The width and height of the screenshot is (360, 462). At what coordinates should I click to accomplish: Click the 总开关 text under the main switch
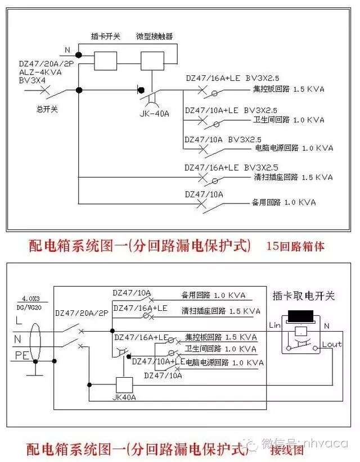coord(47,109)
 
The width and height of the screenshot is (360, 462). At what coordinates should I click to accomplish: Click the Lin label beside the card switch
coord(275,325)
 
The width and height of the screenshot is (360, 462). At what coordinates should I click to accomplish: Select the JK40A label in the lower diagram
coord(124,397)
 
